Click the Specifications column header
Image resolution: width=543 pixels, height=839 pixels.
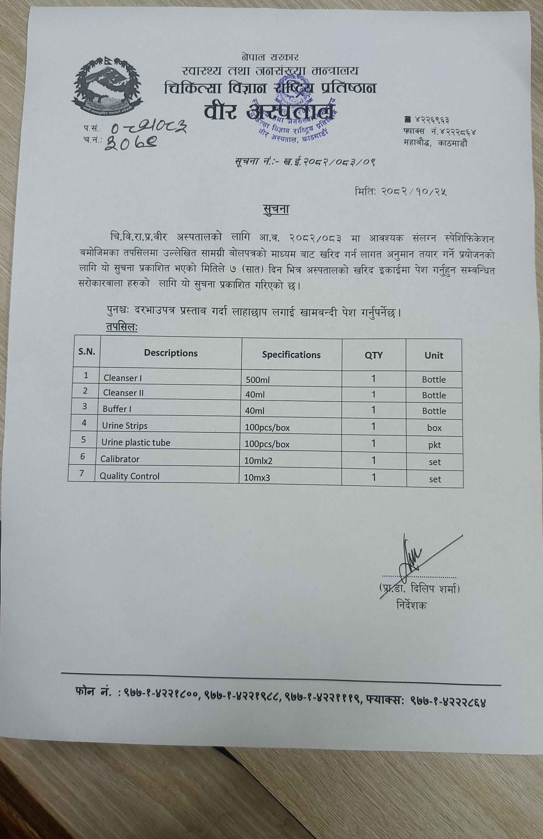click(x=291, y=355)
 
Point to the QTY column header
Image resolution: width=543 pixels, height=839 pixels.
click(x=374, y=355)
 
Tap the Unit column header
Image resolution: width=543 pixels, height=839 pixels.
click(x=434, y=355)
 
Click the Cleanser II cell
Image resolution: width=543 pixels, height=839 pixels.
click(x=123, y=393)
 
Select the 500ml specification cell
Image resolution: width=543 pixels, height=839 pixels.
click(x=258, y=380)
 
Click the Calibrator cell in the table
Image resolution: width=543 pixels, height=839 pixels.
click(x=120, y=459)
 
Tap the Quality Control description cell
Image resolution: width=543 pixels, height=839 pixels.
click(x=129, y=476)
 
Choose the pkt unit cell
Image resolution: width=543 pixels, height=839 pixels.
click(x=434, y=445)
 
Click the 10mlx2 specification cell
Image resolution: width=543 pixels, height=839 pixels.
click(x=258, y=461)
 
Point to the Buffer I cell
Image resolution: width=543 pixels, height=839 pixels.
click(x=117, y=409)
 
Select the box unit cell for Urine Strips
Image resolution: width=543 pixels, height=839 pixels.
click(x=434, y=428)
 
